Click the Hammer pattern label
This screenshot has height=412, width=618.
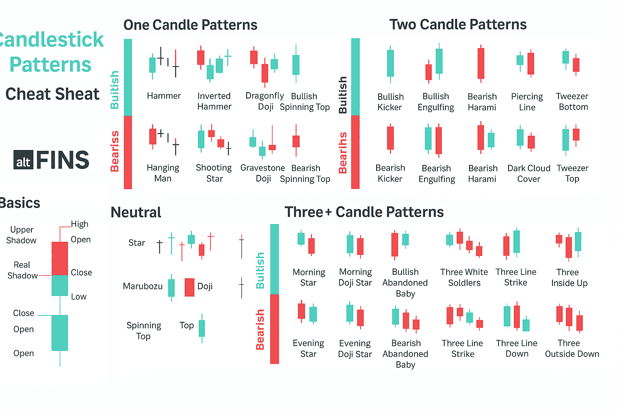point(164,96)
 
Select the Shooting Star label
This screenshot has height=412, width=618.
point(214,173)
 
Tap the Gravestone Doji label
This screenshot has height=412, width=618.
point(262,173)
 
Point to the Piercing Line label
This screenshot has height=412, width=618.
point(527,102)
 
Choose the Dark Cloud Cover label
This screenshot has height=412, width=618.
point(529,173)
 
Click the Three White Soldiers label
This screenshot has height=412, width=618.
point(464,277)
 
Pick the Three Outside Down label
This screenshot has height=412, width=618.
point(572,348)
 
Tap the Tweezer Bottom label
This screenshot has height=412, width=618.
point(573,101)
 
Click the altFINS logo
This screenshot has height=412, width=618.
point(51,160)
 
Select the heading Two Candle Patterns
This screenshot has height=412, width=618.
point(458,25)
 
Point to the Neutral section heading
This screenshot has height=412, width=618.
point(136,212)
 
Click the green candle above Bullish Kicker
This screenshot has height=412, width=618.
point(390,63)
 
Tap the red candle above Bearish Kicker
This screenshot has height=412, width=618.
point(390,138)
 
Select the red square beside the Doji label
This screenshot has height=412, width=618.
point(190,287)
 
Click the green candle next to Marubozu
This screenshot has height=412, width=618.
point(171,288)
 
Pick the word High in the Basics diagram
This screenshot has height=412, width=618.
point(80,224)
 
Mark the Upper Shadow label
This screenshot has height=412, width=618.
point(21,235)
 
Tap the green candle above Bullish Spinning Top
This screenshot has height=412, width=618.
point(296,64)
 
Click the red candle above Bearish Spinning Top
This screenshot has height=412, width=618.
point(296,141)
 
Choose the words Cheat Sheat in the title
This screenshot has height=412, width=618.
point(52,94)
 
